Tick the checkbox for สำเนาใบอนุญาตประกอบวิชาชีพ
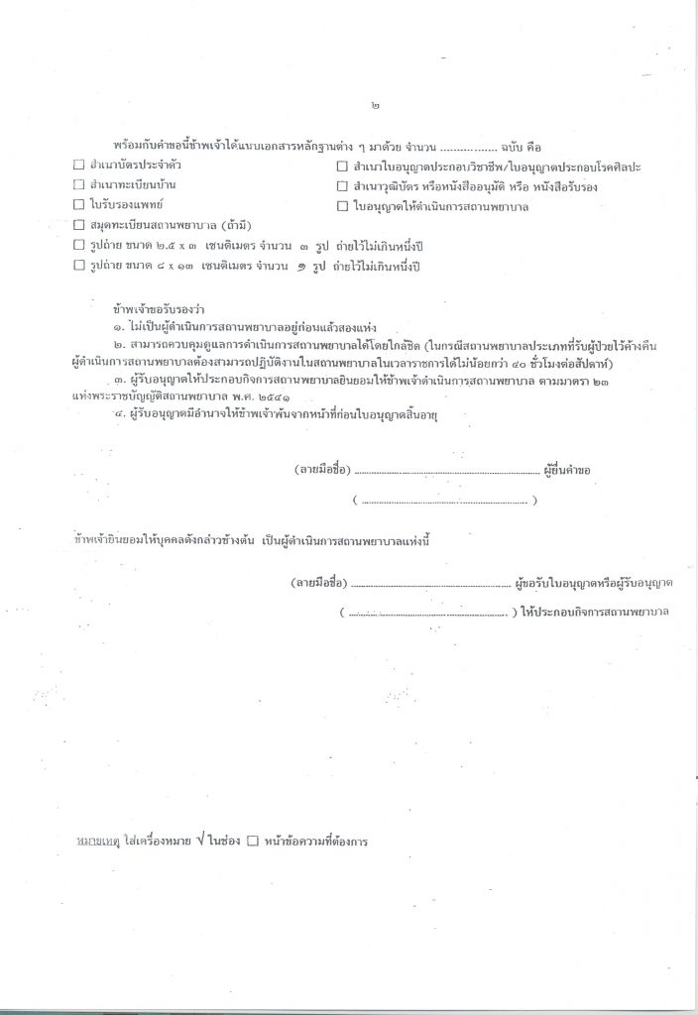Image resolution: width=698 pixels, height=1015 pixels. coord(342,166)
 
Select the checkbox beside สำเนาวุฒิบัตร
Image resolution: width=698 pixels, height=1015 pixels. coord(342,185)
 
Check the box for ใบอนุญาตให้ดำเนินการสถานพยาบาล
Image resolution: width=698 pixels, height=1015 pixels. coord(342,205)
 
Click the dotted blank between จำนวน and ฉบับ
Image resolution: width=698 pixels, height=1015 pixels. coord(475,146)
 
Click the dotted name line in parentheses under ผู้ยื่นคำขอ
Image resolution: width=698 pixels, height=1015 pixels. coord(445,502)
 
